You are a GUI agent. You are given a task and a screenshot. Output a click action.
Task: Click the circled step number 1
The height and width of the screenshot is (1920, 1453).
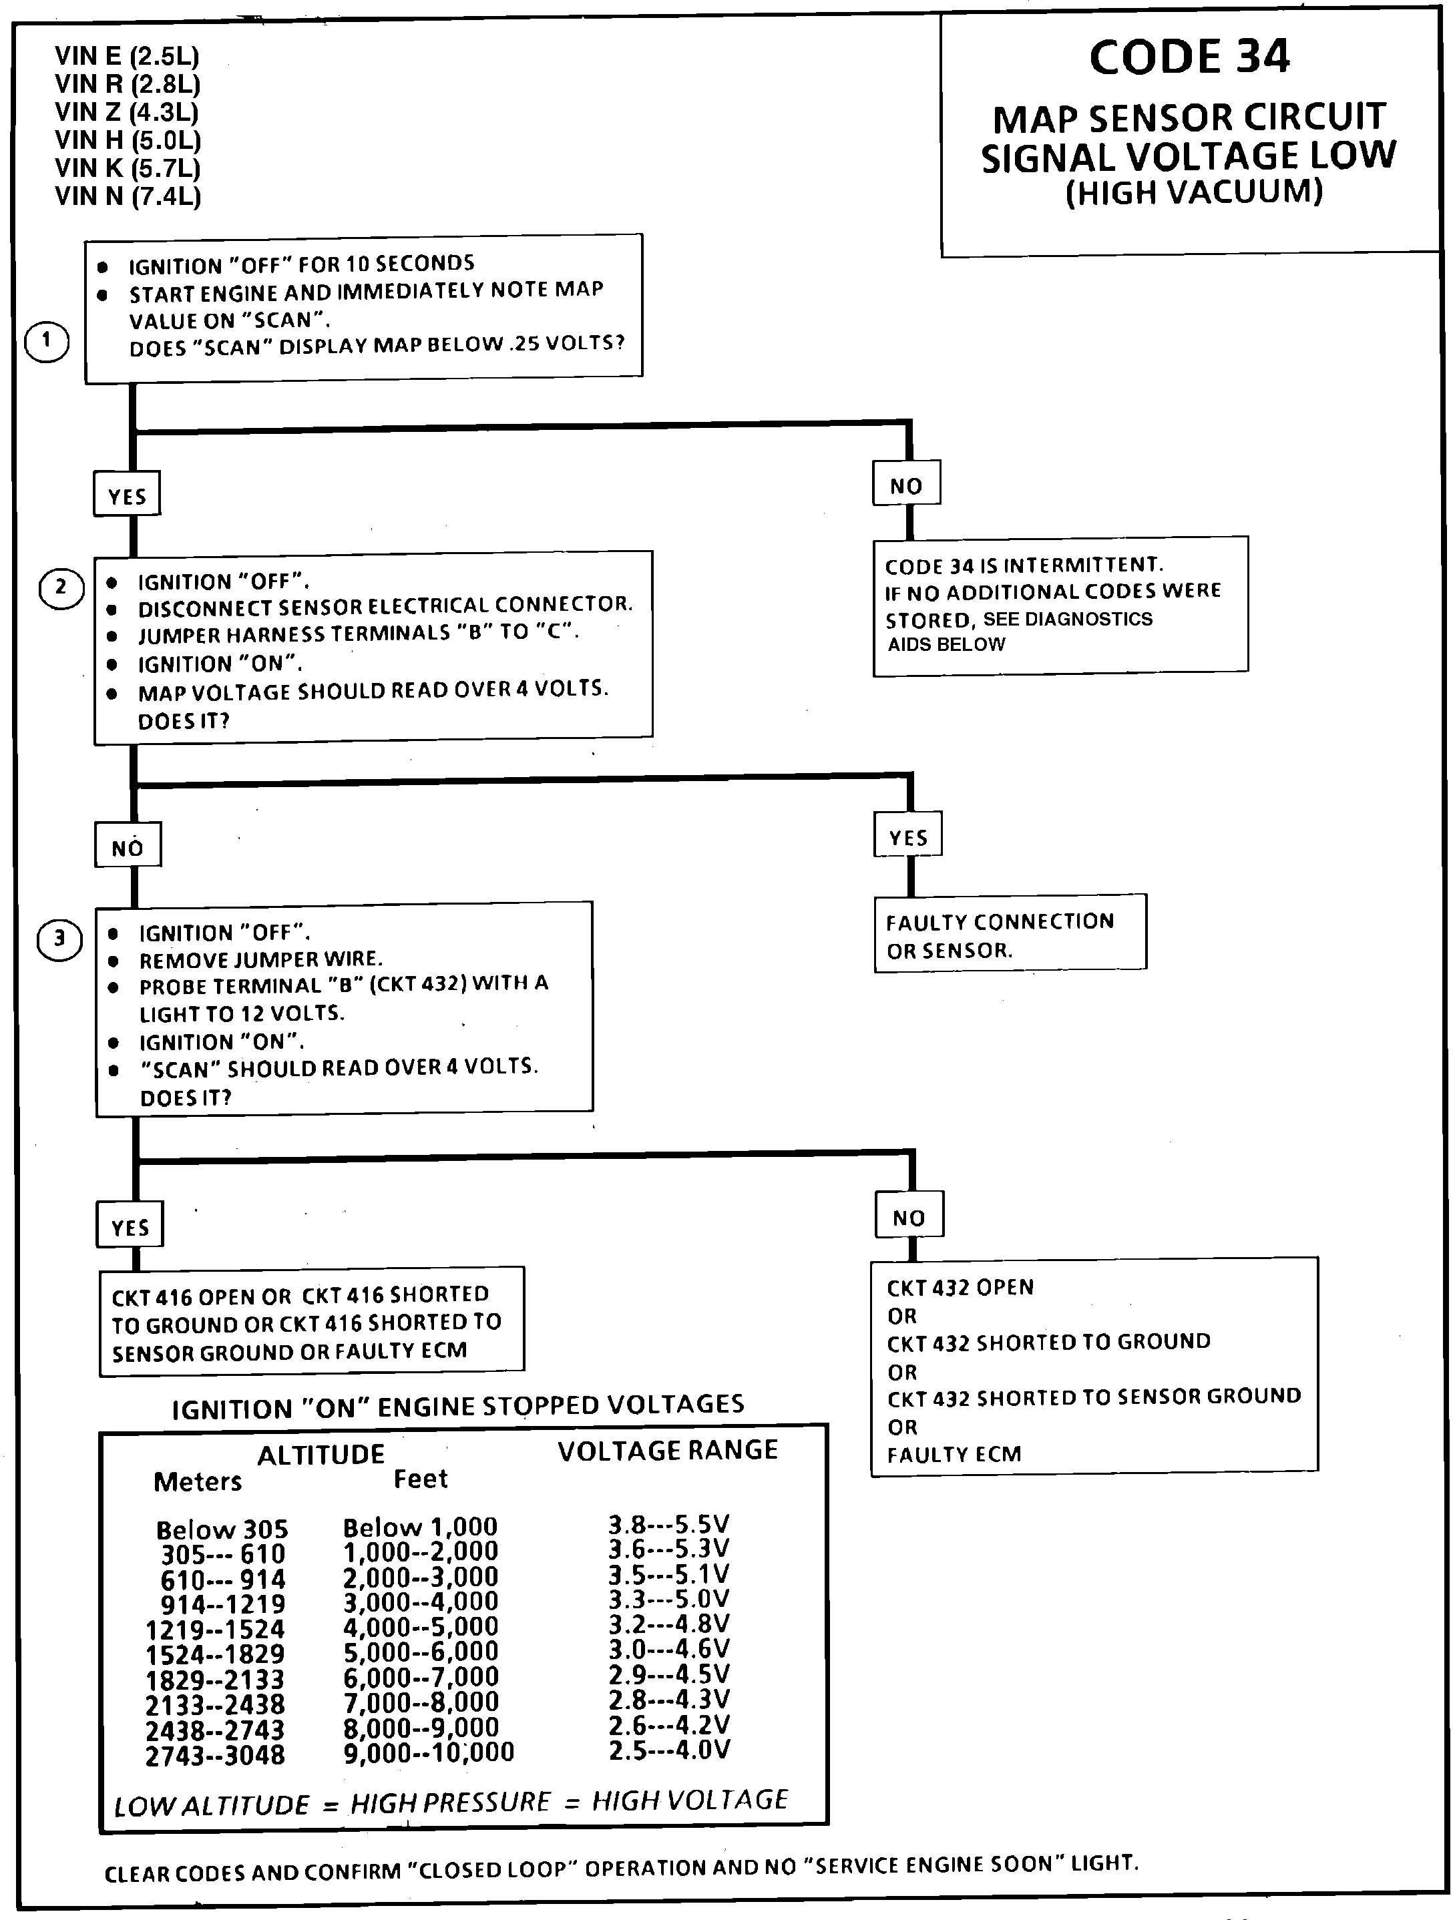point(46,341)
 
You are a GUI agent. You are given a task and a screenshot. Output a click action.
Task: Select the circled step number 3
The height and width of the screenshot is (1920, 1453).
point(59,939)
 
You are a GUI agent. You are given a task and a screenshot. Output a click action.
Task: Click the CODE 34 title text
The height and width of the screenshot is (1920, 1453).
point(1189,57)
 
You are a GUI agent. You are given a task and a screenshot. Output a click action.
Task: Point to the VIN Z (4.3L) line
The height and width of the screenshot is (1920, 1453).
point(127,113)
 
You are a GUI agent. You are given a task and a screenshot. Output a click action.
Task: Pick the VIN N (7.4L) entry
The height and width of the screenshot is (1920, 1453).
point(128,196)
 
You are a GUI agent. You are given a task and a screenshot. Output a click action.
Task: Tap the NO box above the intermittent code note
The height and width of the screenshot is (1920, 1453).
point(906,485)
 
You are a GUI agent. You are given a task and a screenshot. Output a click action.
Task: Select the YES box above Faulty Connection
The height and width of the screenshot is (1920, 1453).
point(908,836)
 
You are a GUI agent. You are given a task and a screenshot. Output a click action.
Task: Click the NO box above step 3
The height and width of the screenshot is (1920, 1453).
point(128,847)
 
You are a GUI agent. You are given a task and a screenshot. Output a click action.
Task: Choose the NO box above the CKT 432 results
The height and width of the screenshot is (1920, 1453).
point(908,1217)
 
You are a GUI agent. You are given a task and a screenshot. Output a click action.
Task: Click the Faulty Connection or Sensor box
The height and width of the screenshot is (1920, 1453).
point(1010,935)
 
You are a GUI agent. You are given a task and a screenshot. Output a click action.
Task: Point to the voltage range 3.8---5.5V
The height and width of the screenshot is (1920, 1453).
point(668,1524)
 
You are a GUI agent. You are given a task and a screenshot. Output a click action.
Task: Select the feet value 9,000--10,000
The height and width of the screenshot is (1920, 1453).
point(429,1752)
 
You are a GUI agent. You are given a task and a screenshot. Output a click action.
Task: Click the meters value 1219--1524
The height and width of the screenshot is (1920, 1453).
point(215,1628)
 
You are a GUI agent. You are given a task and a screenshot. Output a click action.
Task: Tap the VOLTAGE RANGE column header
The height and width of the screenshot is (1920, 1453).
point(668,1451)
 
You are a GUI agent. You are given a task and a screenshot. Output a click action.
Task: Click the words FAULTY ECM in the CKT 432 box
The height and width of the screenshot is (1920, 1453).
point(954,1454)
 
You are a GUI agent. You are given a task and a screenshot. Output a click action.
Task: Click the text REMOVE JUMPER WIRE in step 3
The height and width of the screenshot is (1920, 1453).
point(260,959)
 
